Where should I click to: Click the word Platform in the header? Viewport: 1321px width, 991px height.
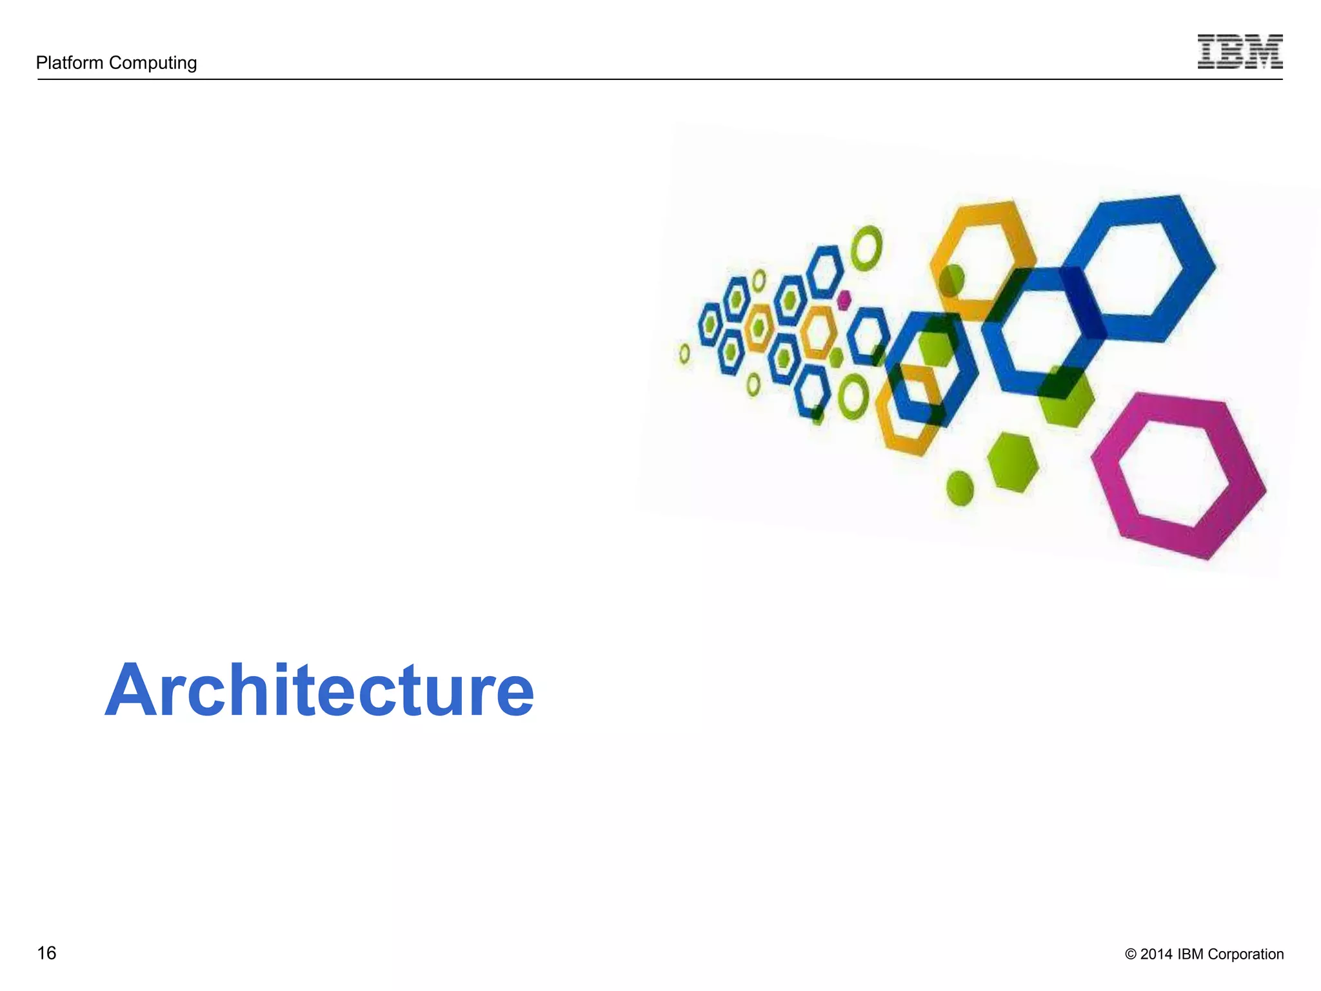[70, 63]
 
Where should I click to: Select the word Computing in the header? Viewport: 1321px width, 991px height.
[153, 63]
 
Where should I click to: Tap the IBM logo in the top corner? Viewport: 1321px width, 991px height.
[1240, 52]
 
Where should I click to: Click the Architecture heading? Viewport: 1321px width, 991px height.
[319, 690]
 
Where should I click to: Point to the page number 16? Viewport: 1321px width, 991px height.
[46, 953]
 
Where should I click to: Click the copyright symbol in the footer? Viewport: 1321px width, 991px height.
[1130, 954]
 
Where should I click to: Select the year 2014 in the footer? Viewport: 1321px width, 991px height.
[1156, 954]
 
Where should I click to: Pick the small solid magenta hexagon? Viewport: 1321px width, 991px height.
[844, 300]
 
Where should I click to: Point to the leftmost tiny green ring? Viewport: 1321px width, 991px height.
[684, 353]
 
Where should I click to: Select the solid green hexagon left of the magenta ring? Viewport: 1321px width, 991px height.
[1013, 462]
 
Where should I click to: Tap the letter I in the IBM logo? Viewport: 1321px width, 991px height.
[1208, 52]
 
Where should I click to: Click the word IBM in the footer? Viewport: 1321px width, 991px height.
[1191, 954]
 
